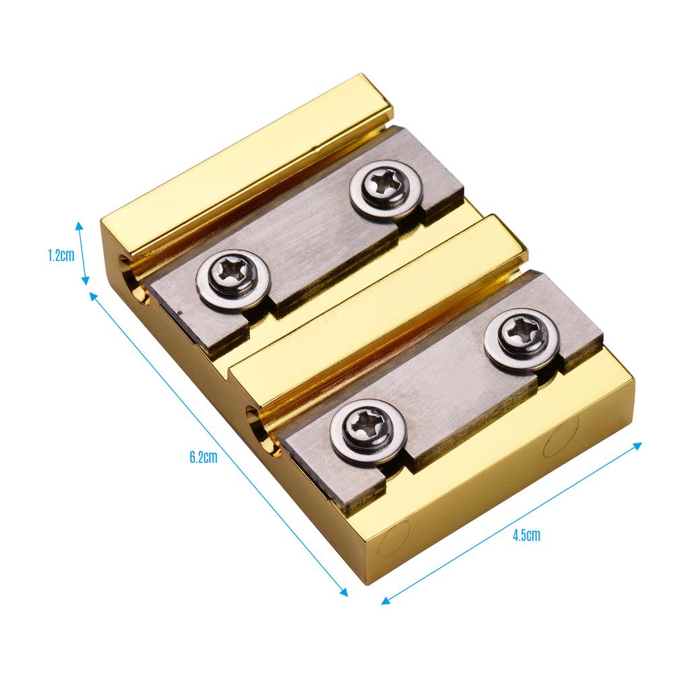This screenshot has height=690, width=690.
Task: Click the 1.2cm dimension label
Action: pos(61,255)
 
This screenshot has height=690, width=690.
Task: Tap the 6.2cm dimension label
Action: pos(203,457)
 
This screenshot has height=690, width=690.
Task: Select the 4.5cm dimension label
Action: pos(526,535)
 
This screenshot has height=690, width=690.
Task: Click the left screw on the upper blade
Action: pos(232,278)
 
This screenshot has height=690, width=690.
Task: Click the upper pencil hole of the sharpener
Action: pos(132,280)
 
